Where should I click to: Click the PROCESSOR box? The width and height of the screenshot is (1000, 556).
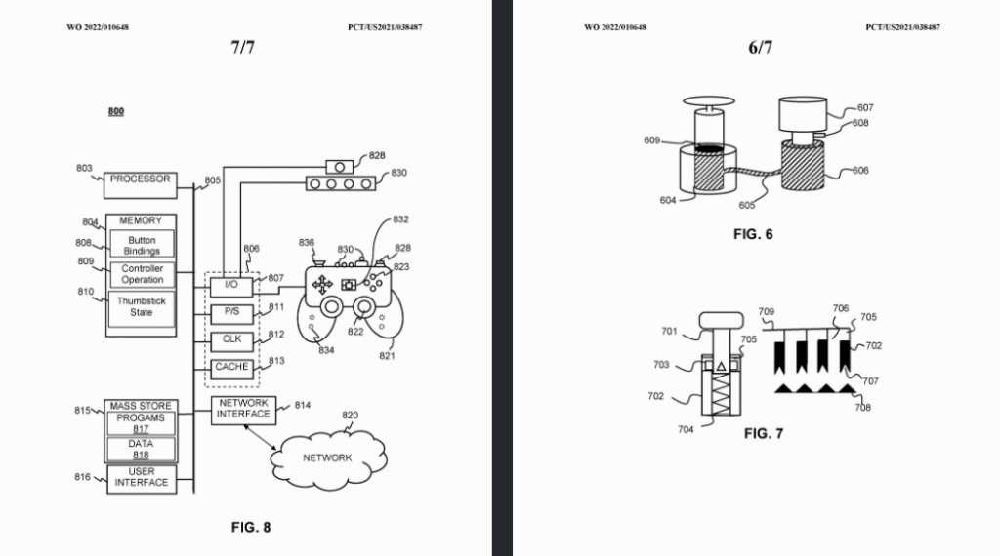tap(141, 185)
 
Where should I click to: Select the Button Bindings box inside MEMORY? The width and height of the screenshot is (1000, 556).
tap(142, 244)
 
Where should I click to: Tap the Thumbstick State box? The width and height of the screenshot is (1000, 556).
tap(142, 308)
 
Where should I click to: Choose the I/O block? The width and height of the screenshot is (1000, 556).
tap(231, 287)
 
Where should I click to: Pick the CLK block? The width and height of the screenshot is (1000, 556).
tap(231, 341)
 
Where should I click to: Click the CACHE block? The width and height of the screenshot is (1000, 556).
tap(231, 369)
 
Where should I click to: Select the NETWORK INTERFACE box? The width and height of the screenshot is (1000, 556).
tap(243, 411)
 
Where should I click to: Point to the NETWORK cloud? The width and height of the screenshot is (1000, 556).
tap(328, 458)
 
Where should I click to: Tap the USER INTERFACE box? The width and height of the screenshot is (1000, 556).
tap(142, 479)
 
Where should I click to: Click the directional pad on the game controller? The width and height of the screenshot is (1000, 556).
tap(322, 284)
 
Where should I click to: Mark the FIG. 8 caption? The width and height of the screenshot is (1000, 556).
tap(251, 528)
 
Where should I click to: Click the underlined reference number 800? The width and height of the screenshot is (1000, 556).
tap(116, 111)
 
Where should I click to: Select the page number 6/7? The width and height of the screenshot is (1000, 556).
tap(760, 47)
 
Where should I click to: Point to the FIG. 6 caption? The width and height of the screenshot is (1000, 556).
tap(753, 234)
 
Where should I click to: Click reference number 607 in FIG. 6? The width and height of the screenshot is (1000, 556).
tap(865, 107)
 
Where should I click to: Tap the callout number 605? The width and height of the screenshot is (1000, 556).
tap(747, 205)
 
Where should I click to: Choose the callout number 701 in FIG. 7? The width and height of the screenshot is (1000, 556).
tap(669, 332)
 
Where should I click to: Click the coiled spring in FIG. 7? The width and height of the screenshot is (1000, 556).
tap(722, 392)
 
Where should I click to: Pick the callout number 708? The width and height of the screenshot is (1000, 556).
tap(863, 408)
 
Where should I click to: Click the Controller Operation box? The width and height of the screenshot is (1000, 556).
tap(142, 274)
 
